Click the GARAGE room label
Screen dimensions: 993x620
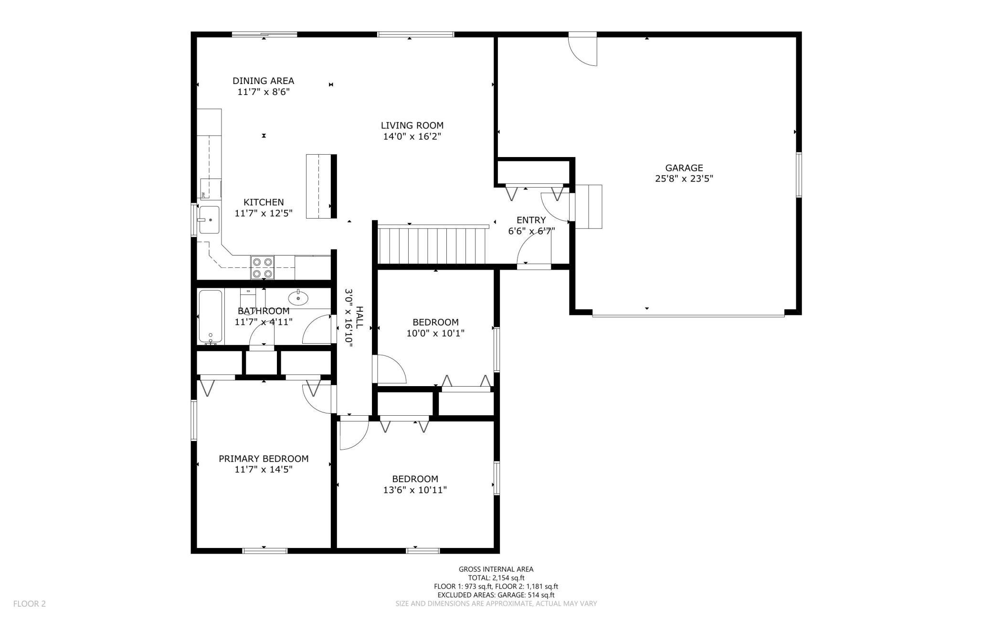[684, 168]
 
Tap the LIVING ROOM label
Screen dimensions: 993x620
[412, 126]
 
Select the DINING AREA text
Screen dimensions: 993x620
[264, 81]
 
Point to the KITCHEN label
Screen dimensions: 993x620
[264, 202]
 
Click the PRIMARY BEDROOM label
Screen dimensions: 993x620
[264, 459]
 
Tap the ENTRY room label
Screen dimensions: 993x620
[531, 220]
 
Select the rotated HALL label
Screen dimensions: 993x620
[359, 317]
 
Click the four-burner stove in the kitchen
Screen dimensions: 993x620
[263, 267]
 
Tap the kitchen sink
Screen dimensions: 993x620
[209, 220]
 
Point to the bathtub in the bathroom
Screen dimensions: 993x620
[210, 317]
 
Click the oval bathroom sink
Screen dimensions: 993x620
[299, 298]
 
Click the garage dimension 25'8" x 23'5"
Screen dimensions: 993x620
[684, 179]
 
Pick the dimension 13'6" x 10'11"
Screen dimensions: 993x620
[415, 490]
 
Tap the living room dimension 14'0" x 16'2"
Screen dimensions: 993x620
[412, 137]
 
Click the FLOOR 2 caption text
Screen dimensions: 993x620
[30, 604]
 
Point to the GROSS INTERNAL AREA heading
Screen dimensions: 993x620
[496, 569]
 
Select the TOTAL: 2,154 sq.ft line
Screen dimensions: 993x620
[496, 578]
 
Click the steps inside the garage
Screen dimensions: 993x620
[589, 207]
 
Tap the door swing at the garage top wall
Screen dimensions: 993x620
[583, 50]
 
